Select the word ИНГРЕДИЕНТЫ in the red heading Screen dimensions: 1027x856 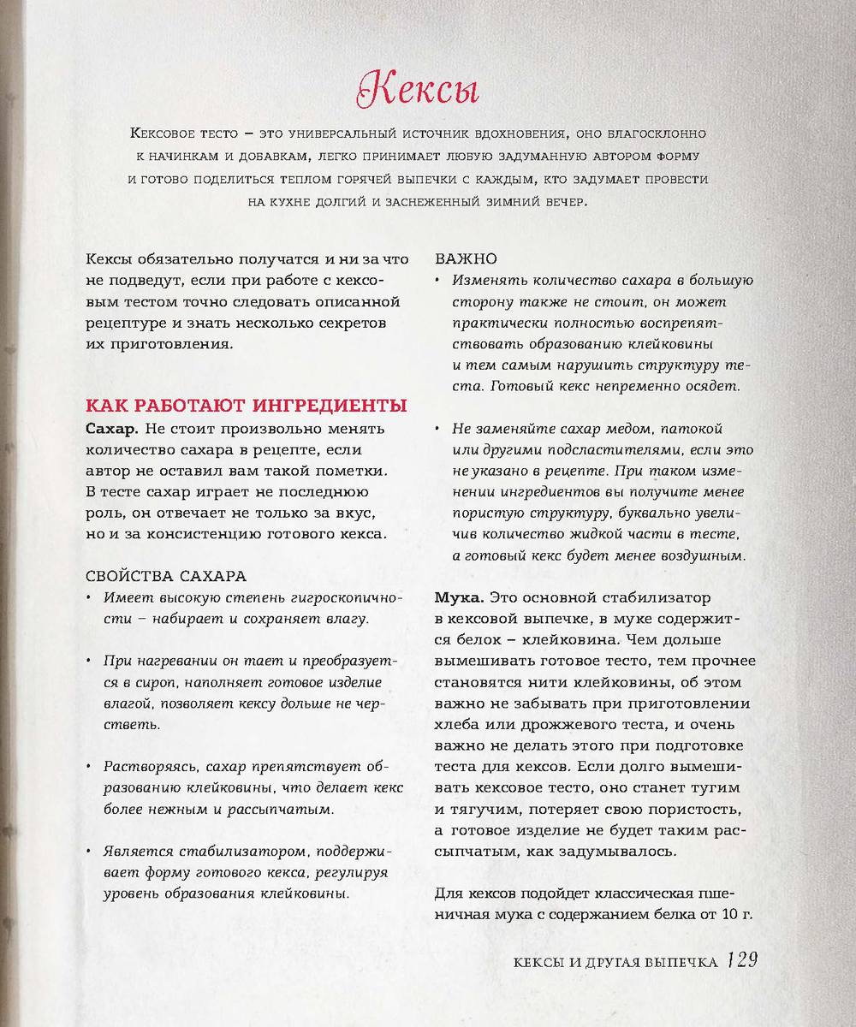332,405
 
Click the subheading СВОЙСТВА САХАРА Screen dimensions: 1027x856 167,575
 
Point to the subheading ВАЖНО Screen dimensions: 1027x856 467,258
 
